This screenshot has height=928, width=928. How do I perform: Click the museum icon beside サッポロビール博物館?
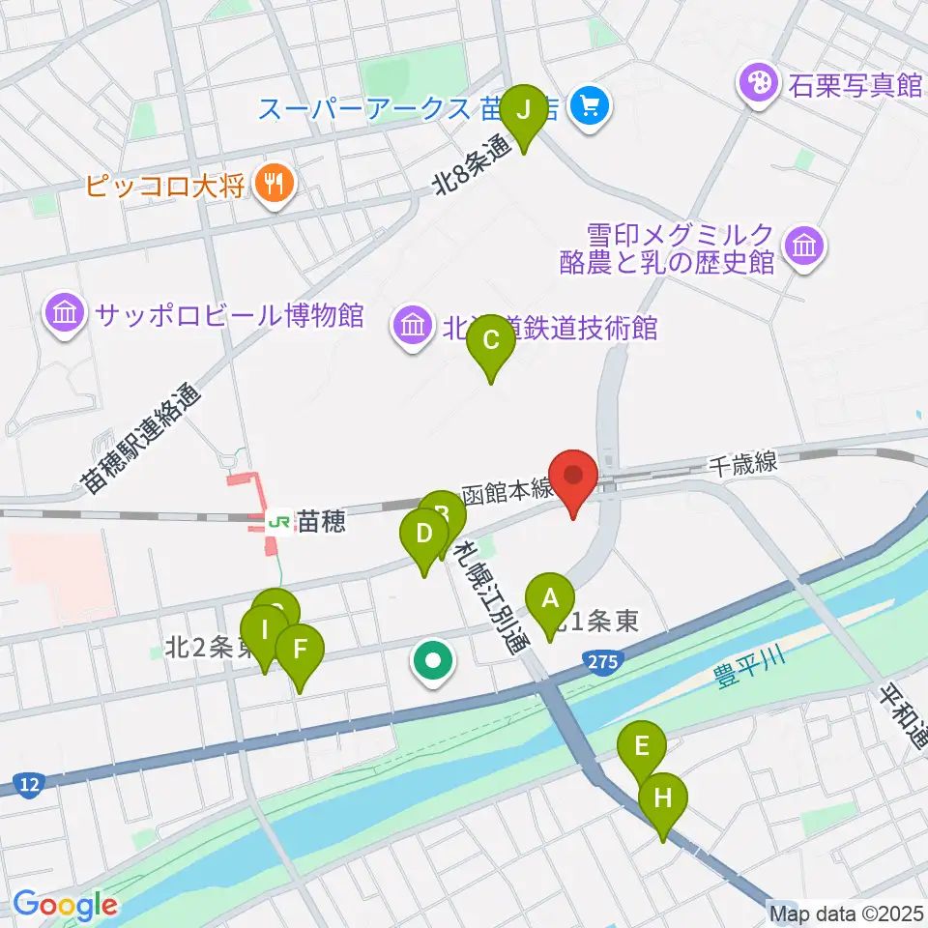pos(65,314)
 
